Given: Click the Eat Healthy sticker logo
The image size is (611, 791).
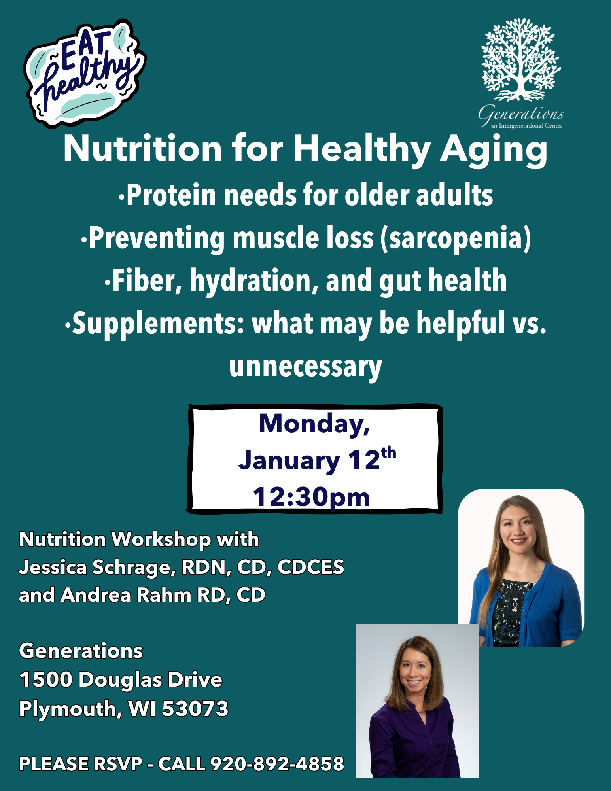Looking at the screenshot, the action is (85, 73).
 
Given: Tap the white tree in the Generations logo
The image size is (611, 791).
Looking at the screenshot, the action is (521, 59).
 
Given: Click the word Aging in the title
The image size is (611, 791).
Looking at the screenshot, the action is (494, 149).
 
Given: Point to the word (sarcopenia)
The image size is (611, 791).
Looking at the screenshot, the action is (456, 238).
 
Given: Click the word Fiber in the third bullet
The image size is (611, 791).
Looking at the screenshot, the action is (147, 281).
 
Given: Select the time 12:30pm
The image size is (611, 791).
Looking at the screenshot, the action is (311, 497).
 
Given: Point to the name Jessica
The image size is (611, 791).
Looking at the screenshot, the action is (53, 567).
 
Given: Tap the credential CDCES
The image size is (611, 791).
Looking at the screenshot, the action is (311, 567).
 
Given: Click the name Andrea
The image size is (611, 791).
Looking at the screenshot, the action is (95, 595).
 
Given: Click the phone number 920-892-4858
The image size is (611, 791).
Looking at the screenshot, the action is (277, 764).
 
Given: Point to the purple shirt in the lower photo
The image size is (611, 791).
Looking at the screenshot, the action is (413, 744).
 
